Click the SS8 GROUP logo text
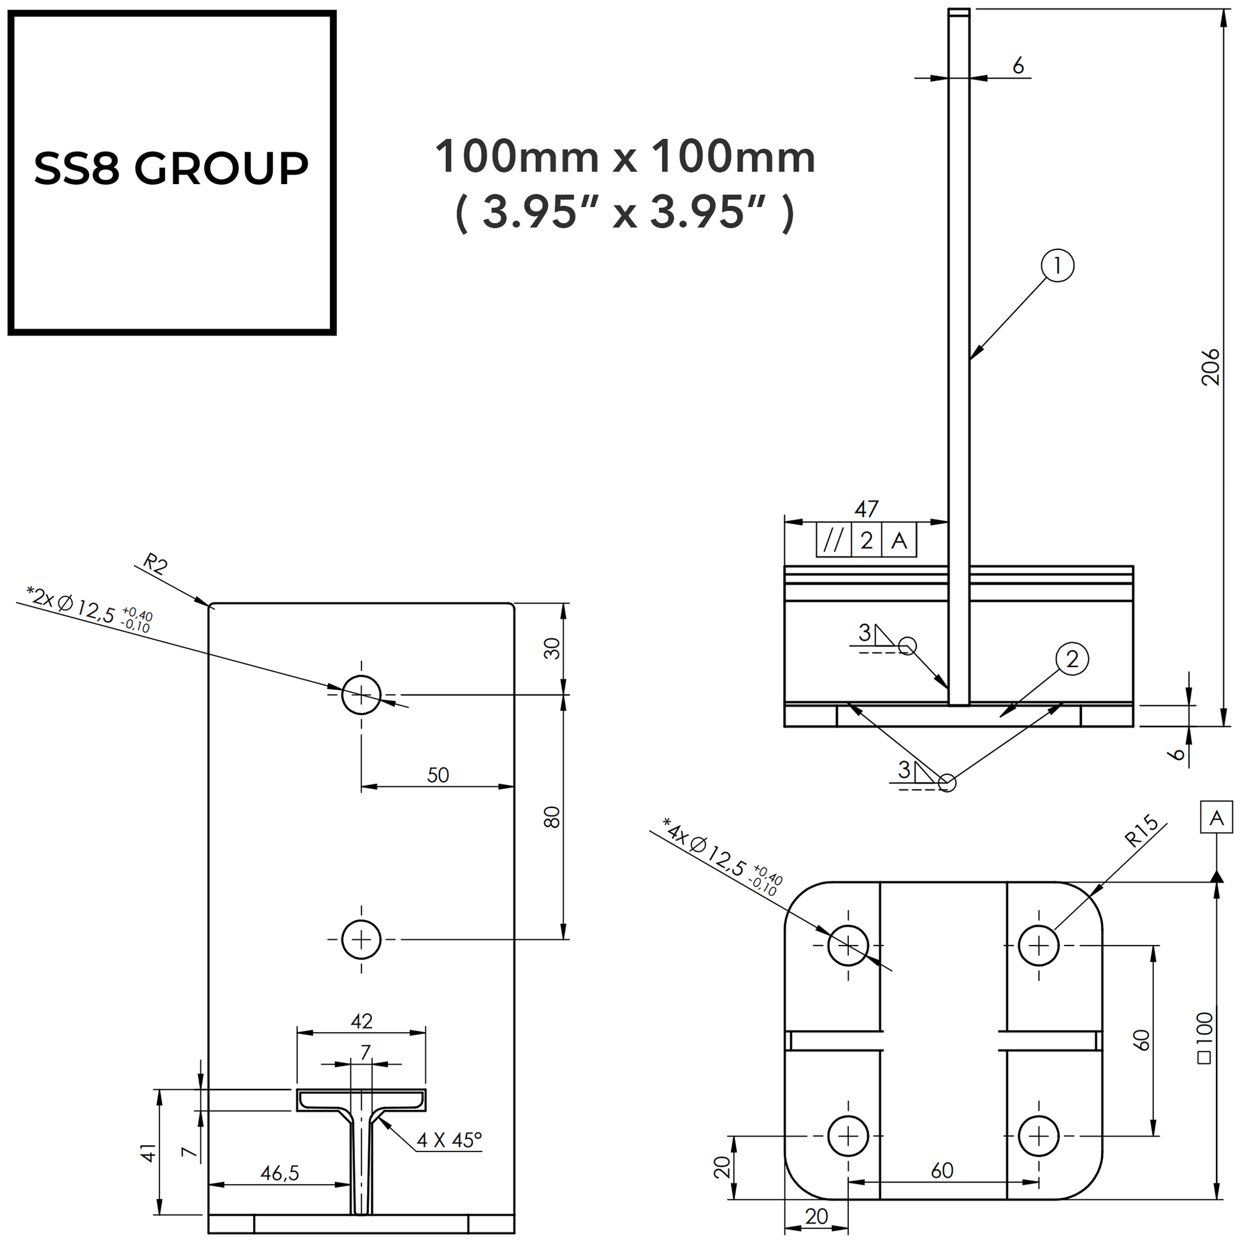tap(171, 169)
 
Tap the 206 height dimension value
tap(1210, 366)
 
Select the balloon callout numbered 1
tap(1057, 265)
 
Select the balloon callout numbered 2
tap(1072, 659)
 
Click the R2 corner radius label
tap(155, 563)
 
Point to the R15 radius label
tap(1143, 832)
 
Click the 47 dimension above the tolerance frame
tap(866, 509)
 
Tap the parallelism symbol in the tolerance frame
tap(833, 540)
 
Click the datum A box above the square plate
tap(1216, 818)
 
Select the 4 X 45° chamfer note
tap(449, 1140)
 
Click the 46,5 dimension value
tap(279, 1173)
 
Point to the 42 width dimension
tap(362, 1021)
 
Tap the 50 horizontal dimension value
tap(438, 775)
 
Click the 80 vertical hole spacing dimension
tap(551, 817)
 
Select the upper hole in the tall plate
tap(361, 695)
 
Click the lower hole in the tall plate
tap(361, 940)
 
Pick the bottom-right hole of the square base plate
tap(1039, 1137)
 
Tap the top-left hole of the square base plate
tap(848, 946)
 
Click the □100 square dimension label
tap(1205, 1038)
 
